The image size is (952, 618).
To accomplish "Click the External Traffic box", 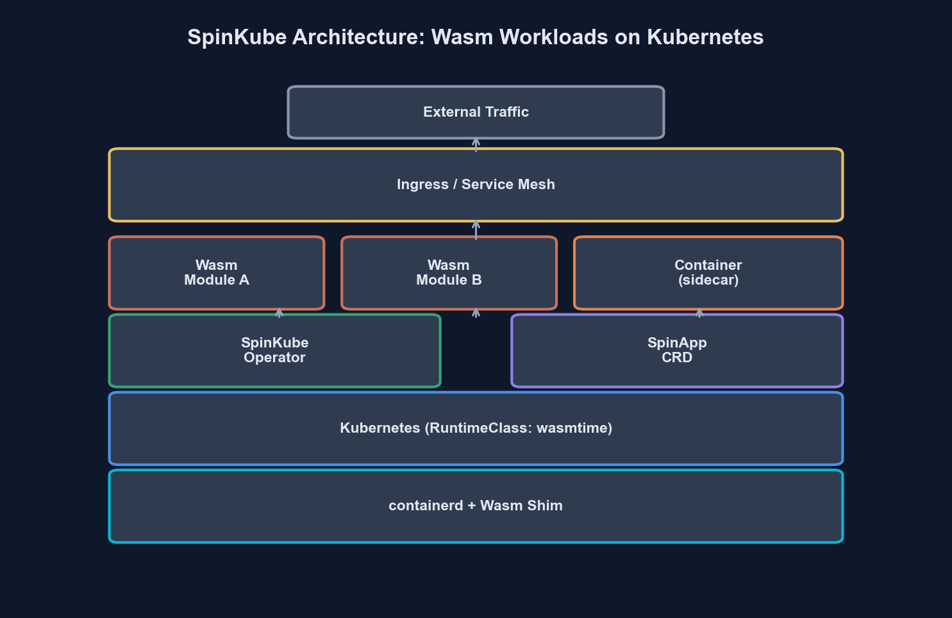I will click(x=476, y=112).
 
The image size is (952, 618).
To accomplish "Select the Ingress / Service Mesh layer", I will click(x=476, y=185).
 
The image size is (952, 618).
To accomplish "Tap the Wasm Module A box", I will click(x=217, y=273).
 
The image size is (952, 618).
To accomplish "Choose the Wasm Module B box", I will click(x=449, y=273).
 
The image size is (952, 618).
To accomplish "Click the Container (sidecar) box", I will click(x=708, y=273).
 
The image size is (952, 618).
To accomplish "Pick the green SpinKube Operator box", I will click(x=274, y=351).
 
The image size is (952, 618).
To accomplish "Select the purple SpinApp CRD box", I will click(x=677, y=351).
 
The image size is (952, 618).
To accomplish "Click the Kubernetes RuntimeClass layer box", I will click(x=476, y=428).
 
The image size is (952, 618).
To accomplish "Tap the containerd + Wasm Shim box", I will click(x=476, y=506).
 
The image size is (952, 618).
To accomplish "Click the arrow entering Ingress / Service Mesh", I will click(x=476, y=227).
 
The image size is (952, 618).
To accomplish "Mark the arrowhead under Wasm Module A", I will click(x=279, y=312).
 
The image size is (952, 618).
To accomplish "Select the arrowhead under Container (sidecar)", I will click(x=699, y=312).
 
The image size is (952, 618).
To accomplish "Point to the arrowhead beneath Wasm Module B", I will click(x=476, y=312).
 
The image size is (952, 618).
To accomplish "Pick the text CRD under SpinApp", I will click(x=677, y=358).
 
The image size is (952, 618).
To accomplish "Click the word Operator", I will click(x=274, y=358).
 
